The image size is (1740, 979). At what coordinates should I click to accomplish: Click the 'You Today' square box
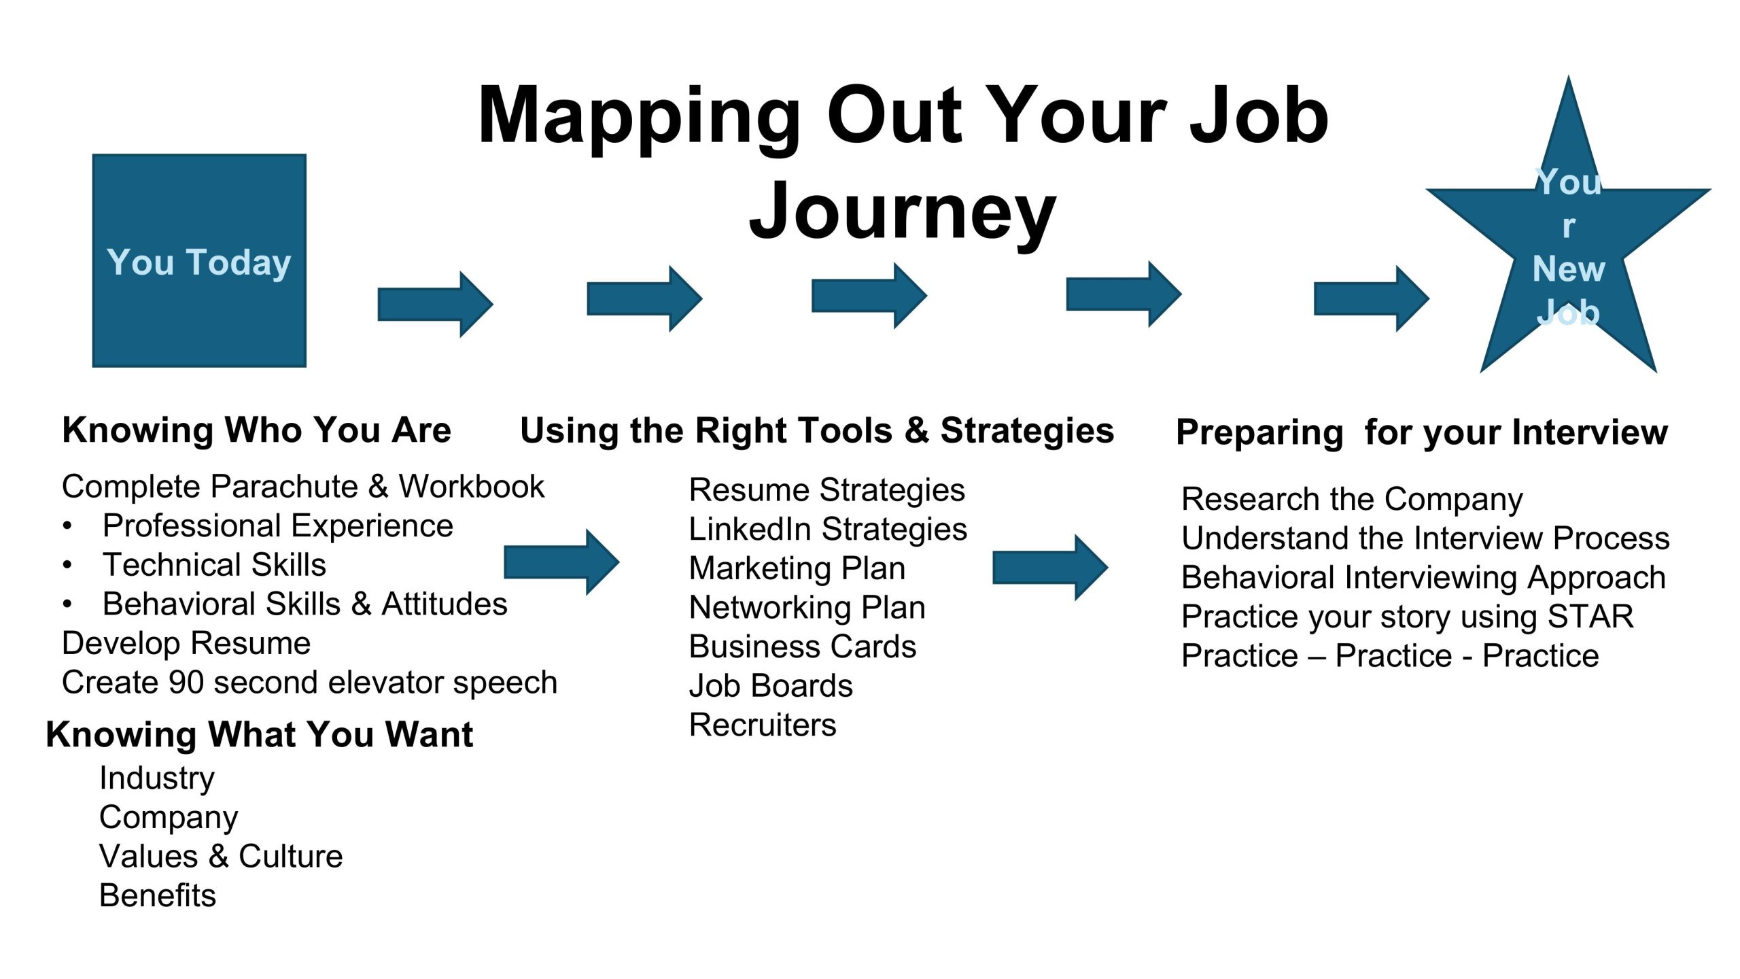[199, 260]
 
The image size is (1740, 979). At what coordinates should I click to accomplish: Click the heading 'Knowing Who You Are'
[256, 430]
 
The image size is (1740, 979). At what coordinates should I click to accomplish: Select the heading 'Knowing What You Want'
[259, 734]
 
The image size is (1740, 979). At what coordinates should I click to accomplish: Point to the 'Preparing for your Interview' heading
[1422, 432]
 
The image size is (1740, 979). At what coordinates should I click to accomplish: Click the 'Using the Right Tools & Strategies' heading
[817, 431]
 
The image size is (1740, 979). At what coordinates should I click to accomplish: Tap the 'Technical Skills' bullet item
[214, 565]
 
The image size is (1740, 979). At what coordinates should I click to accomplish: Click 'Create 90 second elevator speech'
[309, 683]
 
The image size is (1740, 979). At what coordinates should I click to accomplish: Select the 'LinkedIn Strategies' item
[828, 530]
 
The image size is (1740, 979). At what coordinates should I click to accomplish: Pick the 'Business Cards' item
[803, 647]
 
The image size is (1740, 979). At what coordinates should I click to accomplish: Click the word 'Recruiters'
[763, 725]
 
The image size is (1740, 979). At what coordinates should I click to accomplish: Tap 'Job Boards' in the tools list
[771, 686]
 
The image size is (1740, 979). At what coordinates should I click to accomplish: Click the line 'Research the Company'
[1352, 500]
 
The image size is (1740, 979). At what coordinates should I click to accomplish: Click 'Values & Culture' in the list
[221, 857]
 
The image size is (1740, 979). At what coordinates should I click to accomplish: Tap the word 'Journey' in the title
[903, 212]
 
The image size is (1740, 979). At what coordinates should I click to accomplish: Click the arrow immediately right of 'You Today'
[435, 304]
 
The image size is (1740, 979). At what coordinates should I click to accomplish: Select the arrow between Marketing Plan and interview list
[1050, 567]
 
